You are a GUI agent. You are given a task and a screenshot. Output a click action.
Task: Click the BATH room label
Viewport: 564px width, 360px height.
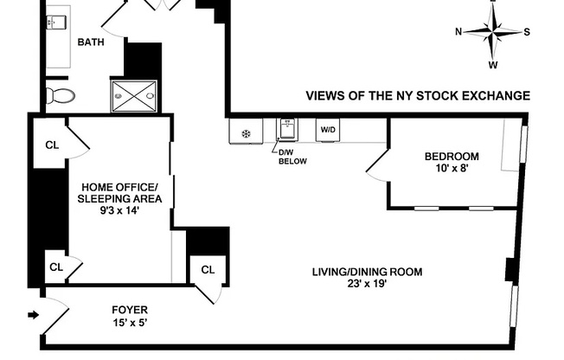click(92, 42)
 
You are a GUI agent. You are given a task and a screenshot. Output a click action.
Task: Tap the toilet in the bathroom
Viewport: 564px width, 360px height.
click(61, 94)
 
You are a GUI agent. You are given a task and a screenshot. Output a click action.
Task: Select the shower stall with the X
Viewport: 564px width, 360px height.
click(134, 96)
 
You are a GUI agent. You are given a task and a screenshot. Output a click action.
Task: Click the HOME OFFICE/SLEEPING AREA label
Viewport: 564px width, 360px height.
click(120, 193)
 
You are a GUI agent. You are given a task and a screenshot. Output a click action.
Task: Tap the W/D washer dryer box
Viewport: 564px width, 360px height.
click(329, 130)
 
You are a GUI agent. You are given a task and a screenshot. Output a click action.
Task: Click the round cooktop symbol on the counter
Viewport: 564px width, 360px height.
click(246, 133)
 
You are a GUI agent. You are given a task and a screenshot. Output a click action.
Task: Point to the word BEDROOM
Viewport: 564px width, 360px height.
click(451, 157)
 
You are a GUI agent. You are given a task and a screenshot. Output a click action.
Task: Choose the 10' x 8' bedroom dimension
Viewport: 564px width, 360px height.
click(451, 169)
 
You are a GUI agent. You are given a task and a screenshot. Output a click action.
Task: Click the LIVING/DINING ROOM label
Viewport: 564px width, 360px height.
click(368, 272)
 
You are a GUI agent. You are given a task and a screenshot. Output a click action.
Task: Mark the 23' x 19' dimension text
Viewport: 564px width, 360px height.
click(368, 284)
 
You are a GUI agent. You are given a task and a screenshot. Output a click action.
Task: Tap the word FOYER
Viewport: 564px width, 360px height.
click(130, 309)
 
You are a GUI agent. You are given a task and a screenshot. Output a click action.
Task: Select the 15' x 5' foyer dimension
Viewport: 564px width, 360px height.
click(130, 322)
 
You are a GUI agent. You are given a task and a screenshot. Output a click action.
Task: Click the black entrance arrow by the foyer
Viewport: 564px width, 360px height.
click(33, 315)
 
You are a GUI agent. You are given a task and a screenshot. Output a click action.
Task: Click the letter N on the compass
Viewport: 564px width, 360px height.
click(459, 32)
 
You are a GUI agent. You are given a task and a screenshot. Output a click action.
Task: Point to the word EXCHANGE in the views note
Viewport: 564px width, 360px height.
click(496, 96)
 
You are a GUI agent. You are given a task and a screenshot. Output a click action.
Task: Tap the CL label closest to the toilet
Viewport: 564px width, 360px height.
click(53, 145)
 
